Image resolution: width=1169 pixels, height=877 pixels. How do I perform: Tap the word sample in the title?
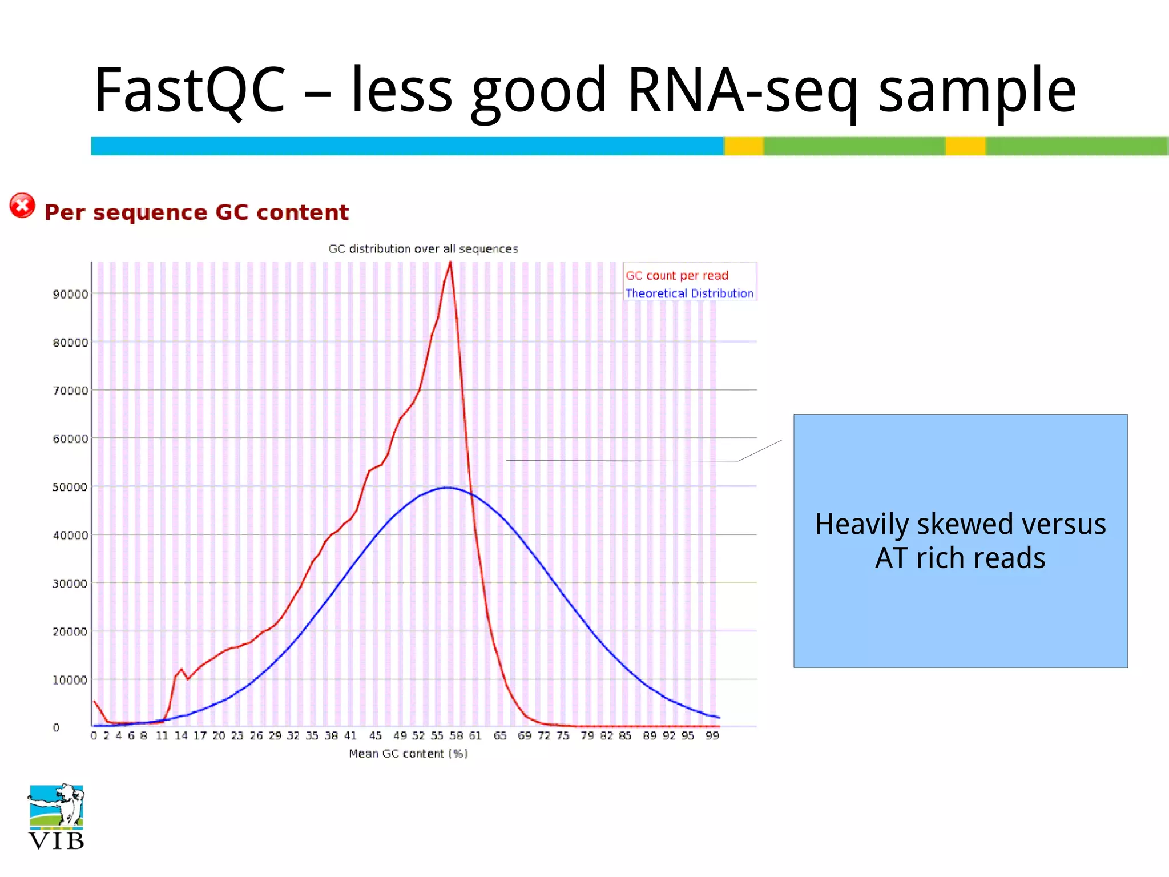(977, 91)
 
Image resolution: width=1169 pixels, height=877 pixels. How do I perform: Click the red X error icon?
(22, 206)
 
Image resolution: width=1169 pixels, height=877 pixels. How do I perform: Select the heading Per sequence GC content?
(196, 212)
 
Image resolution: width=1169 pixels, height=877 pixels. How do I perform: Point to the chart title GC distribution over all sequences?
(423, 248)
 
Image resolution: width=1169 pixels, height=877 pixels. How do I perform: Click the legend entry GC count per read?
(677, 275)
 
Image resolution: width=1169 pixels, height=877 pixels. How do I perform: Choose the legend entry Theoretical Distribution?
(689, 293)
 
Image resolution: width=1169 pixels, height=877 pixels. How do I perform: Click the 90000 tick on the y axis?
(70, 294)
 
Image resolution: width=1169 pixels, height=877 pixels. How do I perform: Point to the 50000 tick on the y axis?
(70, 487)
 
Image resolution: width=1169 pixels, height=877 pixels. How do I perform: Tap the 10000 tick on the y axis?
(70, 680)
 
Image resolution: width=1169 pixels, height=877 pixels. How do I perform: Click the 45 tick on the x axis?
(375, 736)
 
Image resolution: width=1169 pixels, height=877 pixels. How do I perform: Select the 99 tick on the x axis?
(712, 736)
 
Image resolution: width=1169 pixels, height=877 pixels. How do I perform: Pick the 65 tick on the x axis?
(500, 736)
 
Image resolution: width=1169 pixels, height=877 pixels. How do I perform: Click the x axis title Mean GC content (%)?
(408, 754)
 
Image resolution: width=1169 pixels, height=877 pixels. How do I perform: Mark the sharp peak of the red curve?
(450, 263)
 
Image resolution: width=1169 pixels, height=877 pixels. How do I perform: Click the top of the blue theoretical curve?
(448, 488)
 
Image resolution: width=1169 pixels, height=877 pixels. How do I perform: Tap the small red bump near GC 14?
(182, 670)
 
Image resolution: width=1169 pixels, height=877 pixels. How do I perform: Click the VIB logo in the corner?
(56, 816)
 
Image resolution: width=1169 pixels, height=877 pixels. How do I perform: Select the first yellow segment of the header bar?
(744, 146)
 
